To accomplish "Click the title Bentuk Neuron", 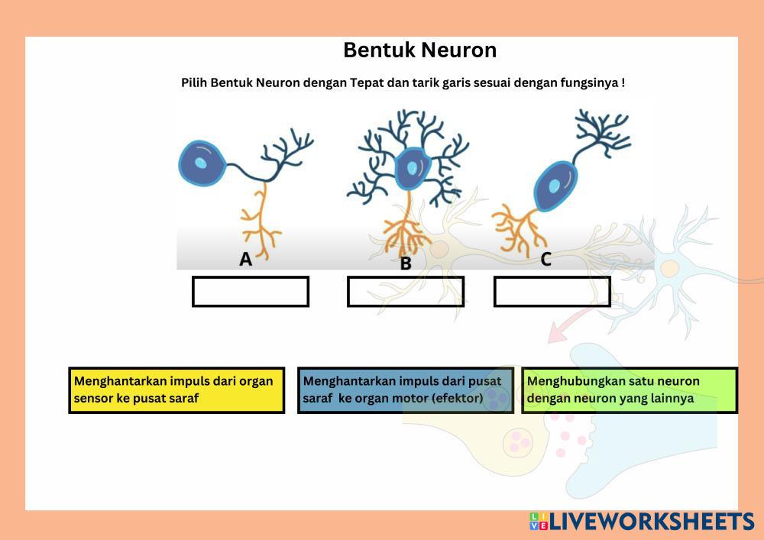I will [x=419, y=50].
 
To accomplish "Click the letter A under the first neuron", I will [x=245, y=260].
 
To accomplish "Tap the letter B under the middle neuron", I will [x=406, y=264].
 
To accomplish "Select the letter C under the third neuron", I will [x=545, y=260].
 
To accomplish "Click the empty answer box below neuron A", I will [x=251, y=292].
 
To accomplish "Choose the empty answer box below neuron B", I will [x=406, y=292].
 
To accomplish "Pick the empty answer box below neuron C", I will [x=552, y=292].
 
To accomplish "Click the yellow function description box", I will [x=176, y=390].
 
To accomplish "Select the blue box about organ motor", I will [x=405, y=390].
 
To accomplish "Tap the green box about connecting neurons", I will [x=630, y=390].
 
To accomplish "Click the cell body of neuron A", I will [x=202, y=163].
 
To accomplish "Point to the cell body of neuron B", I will [x=413, y=168].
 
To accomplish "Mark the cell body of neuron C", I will [x=555, y=186].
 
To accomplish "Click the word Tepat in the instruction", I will [x=367, y=82].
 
